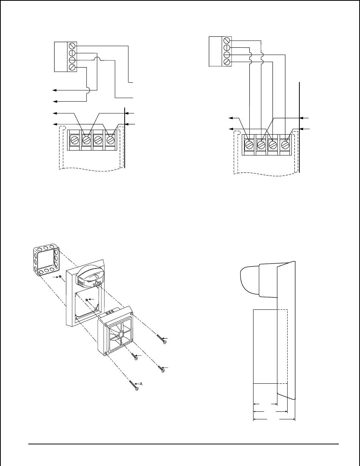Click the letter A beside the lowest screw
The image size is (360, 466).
coord(141,384)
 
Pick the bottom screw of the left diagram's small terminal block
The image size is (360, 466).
coord(72,67)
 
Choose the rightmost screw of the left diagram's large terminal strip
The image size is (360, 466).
coord(110,140)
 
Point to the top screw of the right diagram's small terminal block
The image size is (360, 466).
coord(227,40)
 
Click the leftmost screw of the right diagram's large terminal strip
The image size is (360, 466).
coord(249,144)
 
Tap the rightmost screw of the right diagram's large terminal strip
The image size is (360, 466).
coord(285,144)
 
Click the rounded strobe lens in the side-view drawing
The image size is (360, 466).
coord(249,281)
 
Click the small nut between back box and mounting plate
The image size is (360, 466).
coord(60,277)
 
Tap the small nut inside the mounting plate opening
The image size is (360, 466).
coord(87,300)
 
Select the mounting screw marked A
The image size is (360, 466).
coord(134,385)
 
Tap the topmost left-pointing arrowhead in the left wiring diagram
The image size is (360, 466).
coord(53,90)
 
